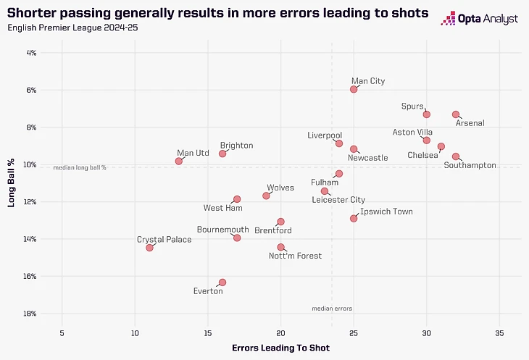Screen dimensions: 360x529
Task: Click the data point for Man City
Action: coord(354,89)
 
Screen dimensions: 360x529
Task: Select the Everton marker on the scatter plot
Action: coord(222,282)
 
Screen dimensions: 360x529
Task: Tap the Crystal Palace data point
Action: coord(149,248)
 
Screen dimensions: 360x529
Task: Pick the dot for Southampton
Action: coord(456,156)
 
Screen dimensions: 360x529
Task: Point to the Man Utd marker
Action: coord(179,161)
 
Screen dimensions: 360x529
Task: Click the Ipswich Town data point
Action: coord(354,218)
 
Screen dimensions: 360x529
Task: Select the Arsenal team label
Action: coord(470,123)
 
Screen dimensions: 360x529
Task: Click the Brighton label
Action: coord(236,146)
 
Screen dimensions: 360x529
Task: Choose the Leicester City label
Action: coord(338,200)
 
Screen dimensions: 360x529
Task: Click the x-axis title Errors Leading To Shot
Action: coord(280,348)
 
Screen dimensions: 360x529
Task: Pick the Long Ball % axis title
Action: coord(12,183)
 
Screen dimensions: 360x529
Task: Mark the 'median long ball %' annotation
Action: coord(80,167)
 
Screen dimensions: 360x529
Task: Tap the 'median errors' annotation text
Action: coord(332,309)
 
